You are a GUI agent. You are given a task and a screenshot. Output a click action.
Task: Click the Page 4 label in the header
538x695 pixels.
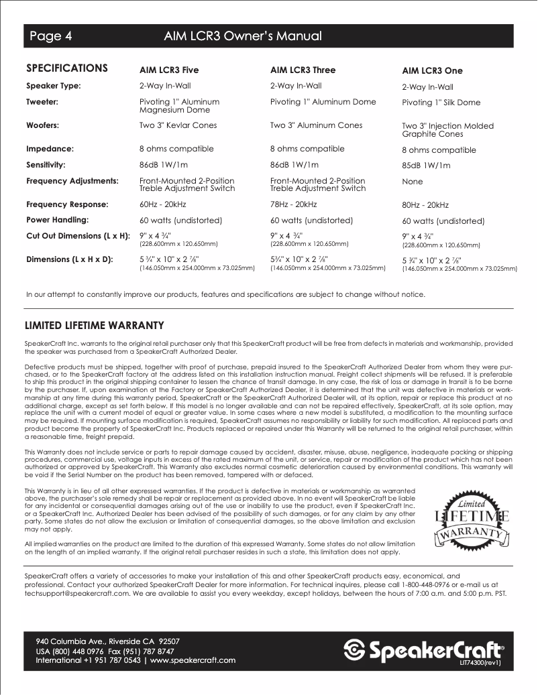click(50, 36)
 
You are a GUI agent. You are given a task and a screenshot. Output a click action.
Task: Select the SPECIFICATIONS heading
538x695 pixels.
click(66, 68)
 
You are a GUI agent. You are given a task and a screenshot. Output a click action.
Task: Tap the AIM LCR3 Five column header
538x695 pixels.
click(169, 70)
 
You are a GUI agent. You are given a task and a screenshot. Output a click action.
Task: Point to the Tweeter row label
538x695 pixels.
click(42, 102)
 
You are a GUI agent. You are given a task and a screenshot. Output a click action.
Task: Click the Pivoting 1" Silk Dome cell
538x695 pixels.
click(441, 103)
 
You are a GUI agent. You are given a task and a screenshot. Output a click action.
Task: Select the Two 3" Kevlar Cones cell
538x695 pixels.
click(178, 125)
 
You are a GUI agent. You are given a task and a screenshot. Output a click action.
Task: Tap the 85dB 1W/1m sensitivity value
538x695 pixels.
click(426, 166)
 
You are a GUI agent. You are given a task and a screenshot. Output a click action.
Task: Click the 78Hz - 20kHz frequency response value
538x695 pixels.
click(293, 204)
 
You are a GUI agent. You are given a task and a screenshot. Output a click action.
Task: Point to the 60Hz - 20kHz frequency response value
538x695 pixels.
click(162, 204)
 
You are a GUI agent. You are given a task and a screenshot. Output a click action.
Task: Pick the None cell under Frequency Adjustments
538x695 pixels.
click(413, 182)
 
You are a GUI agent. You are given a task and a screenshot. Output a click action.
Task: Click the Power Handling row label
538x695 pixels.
click(58, 219)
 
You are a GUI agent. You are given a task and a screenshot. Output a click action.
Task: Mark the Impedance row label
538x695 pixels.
click(50, 149)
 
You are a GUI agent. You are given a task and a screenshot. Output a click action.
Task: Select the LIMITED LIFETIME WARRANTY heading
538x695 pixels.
click(94, 326)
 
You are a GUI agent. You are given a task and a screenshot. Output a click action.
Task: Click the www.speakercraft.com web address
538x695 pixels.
click(193, 660)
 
